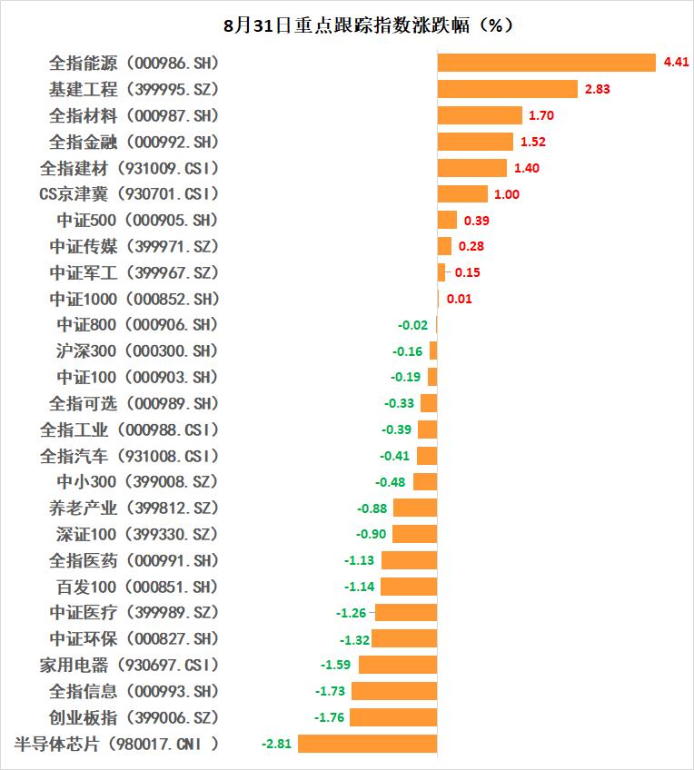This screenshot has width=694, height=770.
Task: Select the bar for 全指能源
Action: (x=546, y=63)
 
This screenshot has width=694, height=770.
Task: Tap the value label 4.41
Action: (x=677, y=63)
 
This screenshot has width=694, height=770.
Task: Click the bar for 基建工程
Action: (x=507, y=89)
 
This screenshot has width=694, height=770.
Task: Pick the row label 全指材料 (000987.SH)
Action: (x=134, y=115)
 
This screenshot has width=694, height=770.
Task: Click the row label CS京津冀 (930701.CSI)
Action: (x=129, y=194)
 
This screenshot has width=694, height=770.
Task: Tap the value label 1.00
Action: (x=507, y=194)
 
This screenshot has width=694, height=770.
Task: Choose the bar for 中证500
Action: (x=447, y=220)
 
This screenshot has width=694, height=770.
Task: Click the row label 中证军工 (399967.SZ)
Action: (x=134, y=272)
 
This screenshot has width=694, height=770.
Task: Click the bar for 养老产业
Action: (x=415, y=508)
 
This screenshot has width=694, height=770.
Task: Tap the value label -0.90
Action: (x=372, y=534)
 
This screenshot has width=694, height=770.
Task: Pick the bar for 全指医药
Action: (x=409, y=560)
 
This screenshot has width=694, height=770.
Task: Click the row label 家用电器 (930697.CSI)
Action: (x=129, y=665)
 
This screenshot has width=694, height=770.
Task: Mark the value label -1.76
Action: (x=330, y=717)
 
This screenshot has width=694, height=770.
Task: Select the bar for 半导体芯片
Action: (x=367, y=744)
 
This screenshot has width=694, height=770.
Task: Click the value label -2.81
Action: (x=276, y=744)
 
